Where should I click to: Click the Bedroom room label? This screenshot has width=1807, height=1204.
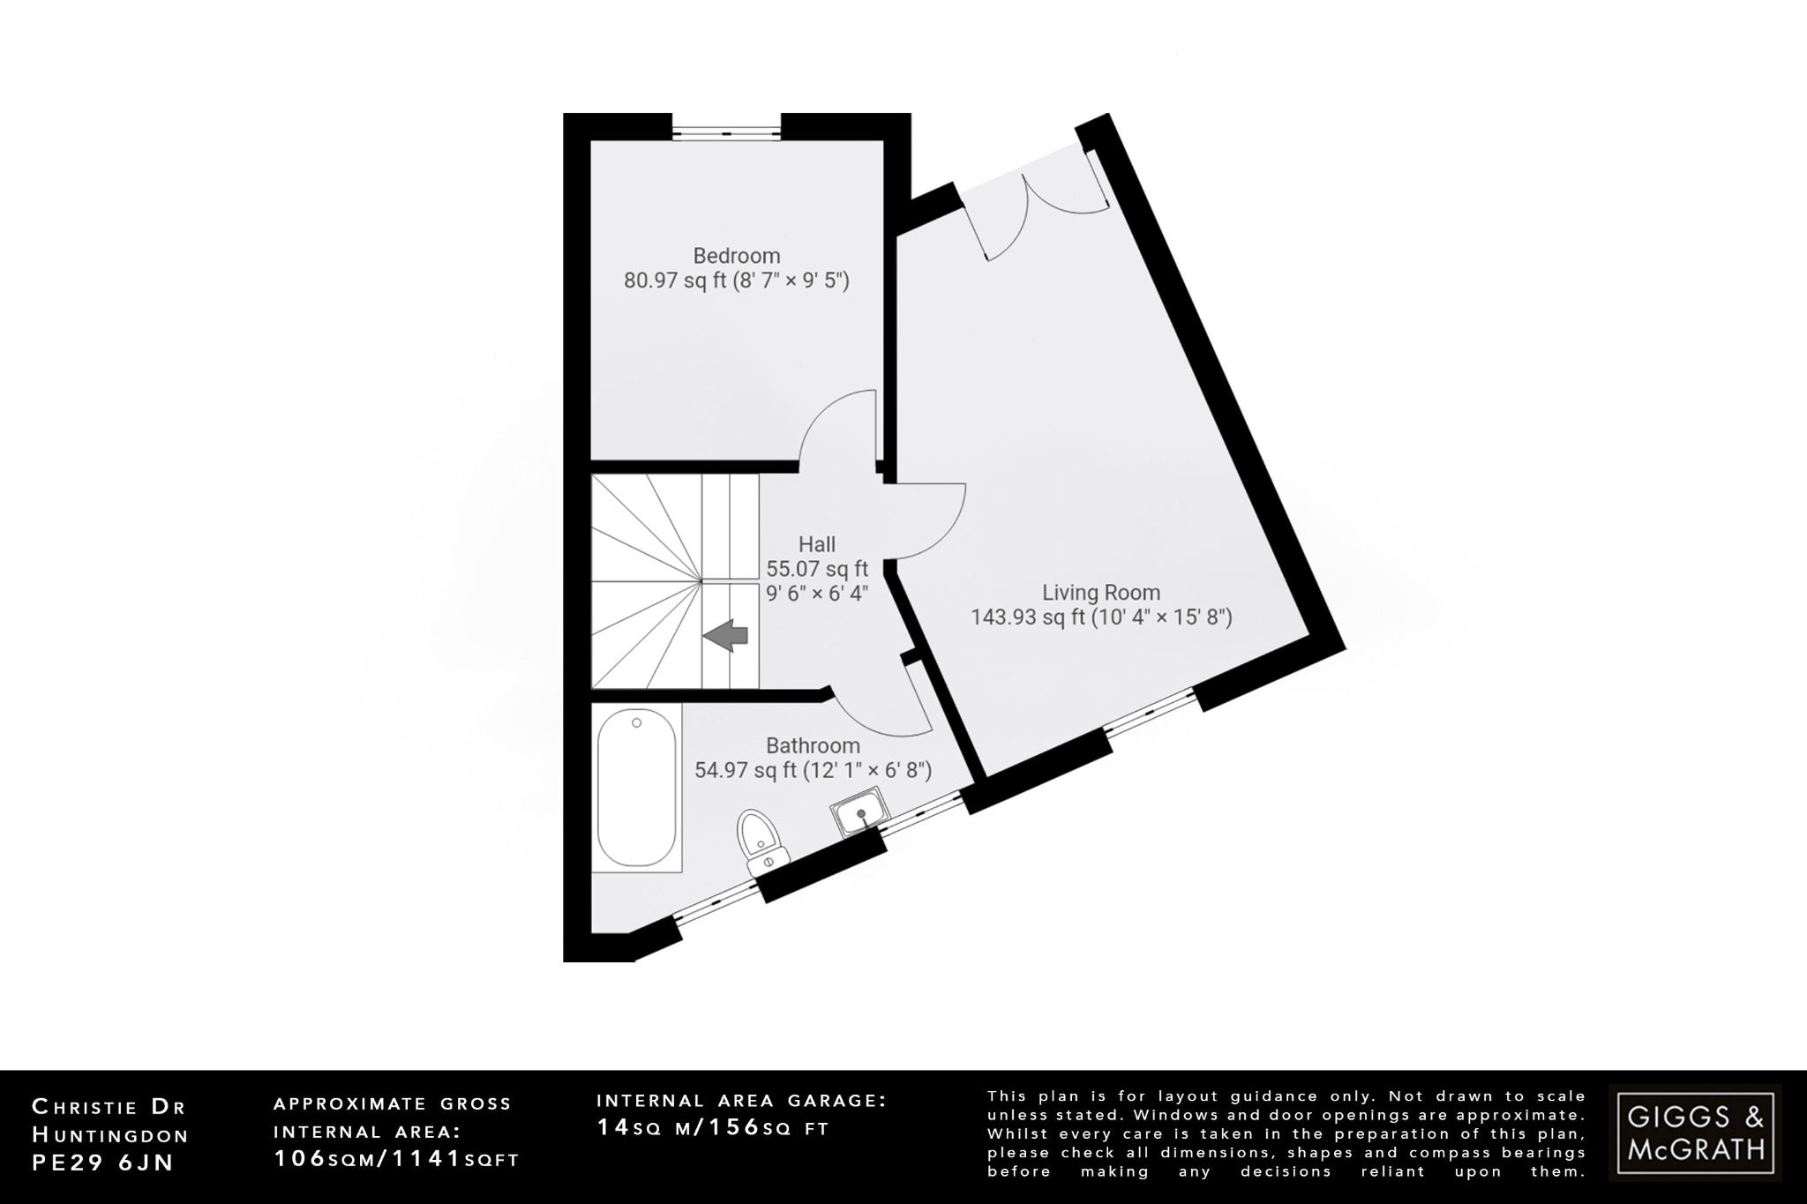click(x=736, y=256)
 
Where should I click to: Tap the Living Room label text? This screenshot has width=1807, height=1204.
click(x=1101, y=593)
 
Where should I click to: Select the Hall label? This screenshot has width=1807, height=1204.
click(x=816, y=544)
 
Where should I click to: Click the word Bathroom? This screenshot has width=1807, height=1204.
click(x=812, y=746)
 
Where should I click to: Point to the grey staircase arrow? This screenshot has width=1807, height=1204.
click(x=725, y=635)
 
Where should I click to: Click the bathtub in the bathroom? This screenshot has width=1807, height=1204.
click(x=636, y=789)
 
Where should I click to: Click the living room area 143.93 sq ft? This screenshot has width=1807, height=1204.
click(x=1028, y=617)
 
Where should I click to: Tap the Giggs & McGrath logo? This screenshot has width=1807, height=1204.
click(x=1695, y=1133)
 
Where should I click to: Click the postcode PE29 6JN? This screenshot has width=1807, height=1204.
click(x=102, y=1163)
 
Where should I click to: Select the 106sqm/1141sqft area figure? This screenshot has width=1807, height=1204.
click(x=396, y=1159)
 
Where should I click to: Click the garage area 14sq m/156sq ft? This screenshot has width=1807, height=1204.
click(x=713, y=1128)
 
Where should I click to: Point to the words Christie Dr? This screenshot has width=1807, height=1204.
click(x=109, y=1106)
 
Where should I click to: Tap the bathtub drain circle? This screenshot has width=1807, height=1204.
click(x=637, y=723)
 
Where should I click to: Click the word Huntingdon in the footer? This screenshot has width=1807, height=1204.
click(x=110, y=1134)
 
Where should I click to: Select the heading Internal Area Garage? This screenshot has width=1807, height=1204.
click(x=741, y=1100)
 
